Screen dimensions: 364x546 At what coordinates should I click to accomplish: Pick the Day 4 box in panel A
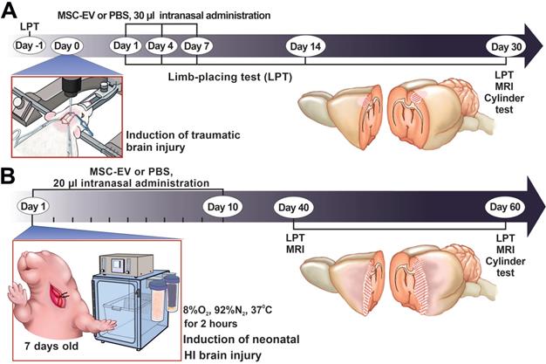(x=160, y=45)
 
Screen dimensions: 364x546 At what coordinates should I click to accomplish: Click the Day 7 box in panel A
(x=197, y=45)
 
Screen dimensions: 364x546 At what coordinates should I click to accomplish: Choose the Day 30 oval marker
(x=508, y=45)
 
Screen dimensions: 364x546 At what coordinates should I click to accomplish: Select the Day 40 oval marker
(x=294, y=207)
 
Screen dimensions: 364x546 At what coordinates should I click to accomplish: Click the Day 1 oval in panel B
(x=34, y=207)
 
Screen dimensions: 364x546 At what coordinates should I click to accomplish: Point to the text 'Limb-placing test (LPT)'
(x=229, y=78)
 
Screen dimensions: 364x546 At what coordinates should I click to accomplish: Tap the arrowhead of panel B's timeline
(x=532, y=207)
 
